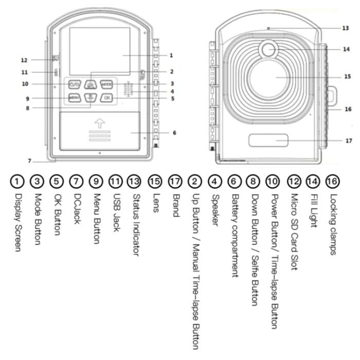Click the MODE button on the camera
pos(106,83)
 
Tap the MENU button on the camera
pos(75,97)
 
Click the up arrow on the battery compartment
pos(100,123)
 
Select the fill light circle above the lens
pos(268,49)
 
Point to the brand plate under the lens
pos(268,140)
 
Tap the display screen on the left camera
pos(100,51)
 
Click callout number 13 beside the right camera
pos(345,28)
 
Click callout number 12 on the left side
pos(24,60)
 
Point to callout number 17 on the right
pos(348,140)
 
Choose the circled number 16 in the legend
pos(333,181)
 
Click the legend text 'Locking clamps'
pos(333,224)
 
